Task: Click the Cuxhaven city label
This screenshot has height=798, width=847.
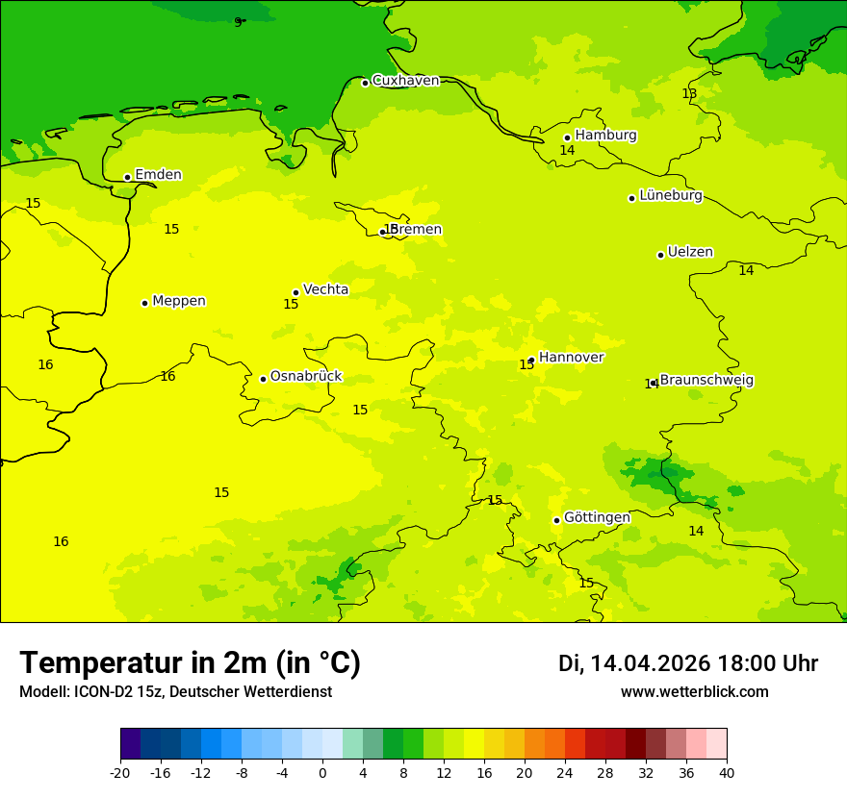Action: point(405,81)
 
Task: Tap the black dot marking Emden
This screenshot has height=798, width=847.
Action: point(127,177)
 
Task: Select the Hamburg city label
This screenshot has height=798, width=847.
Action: point(605,136)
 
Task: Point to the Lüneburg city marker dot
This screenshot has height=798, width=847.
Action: point(631,198)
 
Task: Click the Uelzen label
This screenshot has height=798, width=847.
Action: point(690,253)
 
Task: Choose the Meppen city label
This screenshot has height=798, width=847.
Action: point(179,301)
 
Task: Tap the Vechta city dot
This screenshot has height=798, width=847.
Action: point(295,292)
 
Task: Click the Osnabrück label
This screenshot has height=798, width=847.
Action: point(306,377)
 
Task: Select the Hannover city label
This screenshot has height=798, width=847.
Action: point(571,358)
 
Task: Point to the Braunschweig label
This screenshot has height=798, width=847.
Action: point(706,381)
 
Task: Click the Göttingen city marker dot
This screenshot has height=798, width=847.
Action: point(556,520)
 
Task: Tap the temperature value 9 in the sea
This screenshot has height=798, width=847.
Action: point(238,22)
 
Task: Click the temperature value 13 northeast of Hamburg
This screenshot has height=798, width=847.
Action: point(689,93)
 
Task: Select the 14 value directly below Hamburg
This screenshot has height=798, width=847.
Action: point(567,151)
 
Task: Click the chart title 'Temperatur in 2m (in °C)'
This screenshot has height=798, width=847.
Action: point(190,663)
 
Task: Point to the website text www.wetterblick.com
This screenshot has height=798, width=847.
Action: point(694,692)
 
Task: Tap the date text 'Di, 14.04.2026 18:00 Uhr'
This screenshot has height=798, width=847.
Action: point(688,663)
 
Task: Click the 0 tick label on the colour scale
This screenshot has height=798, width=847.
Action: point(322,773)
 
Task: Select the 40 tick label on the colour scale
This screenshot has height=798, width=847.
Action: point(726,773)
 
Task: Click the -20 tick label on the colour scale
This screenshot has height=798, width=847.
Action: point(120,773)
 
